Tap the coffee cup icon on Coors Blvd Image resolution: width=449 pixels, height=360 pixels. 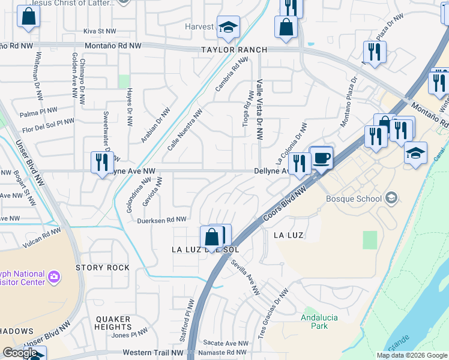pyautogui.click(x=322, y=158)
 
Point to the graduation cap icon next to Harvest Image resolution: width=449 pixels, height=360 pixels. pyautogui.click(x=228, y=27)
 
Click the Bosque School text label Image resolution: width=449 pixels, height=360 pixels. pyautogui.click(x=354, y=199)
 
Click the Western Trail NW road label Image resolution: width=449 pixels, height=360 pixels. pyautogui.click(x=153, y=353)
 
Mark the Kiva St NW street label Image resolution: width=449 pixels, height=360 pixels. pyautogui.click(x=99, y=31)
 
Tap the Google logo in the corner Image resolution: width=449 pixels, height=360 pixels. pyautogui.click(x=20, y=353)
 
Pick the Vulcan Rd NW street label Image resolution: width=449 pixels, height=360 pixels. pyautogui.click(x=41, y=238)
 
